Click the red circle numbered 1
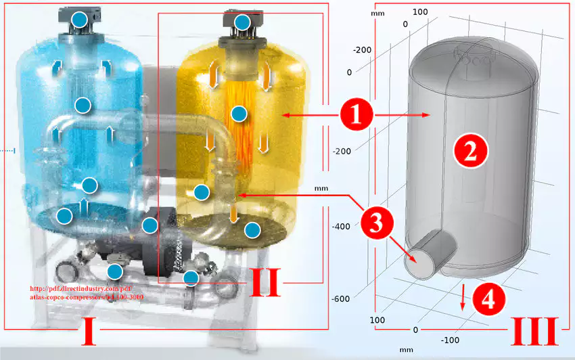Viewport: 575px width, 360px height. [x=356, y=116]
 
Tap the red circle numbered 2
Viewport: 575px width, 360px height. [x=470, y=152]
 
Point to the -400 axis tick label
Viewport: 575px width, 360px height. [x=342, y=227]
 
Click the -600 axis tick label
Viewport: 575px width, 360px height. [x=342, y=299]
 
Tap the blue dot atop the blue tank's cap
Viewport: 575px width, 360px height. [x=80, y=20]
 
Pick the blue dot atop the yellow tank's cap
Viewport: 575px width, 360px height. [x=243, y=22]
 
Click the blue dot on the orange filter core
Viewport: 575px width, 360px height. [x=237, y=113]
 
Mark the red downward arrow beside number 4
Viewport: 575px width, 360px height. [x=463, y=297]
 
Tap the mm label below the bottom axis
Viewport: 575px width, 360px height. [x=406, y=350]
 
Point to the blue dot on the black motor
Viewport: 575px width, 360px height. [x=150, y=224]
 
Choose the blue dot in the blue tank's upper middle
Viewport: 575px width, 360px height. [x=83, y=105]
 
